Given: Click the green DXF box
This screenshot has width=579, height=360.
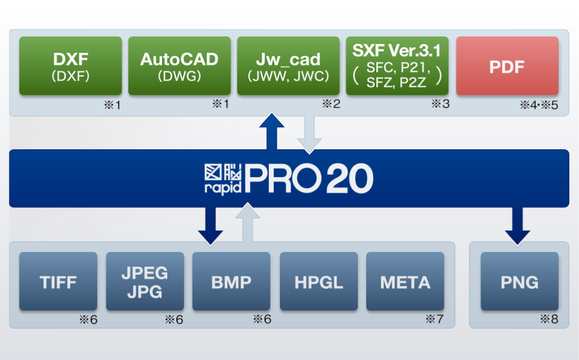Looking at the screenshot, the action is [x=70, y=66].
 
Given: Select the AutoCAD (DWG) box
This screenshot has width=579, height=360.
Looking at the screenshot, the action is [x=179, y=66].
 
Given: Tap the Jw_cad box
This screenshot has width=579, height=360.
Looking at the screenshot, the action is [x=288, y=66].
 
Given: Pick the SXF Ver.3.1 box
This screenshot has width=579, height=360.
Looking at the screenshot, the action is [x=397, y=66].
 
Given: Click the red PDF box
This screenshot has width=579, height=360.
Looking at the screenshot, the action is [x=507, y=66].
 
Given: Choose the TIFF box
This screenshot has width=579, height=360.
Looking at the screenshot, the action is [x=58, y=281].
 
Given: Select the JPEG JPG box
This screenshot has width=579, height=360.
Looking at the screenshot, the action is [x=145, y=281].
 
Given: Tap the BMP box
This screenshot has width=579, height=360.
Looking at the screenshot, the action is [x=231, y=281].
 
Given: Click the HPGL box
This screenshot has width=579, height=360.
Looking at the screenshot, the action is [x=319, y=281].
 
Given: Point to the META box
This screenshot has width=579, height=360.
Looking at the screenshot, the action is [x=405, y=281].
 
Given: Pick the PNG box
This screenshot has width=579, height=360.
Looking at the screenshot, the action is [x=520, y=281].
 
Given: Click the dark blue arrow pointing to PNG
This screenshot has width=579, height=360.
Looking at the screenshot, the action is [x=517, y=226].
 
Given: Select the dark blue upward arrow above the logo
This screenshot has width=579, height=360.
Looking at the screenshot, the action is [x=272, y=131].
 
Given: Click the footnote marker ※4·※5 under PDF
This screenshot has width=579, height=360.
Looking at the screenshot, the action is [x=539, y=105].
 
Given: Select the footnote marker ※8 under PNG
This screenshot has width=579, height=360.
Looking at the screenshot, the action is [x=549, y=319].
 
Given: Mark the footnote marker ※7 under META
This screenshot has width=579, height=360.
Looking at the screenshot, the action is [x=435, y=319].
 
